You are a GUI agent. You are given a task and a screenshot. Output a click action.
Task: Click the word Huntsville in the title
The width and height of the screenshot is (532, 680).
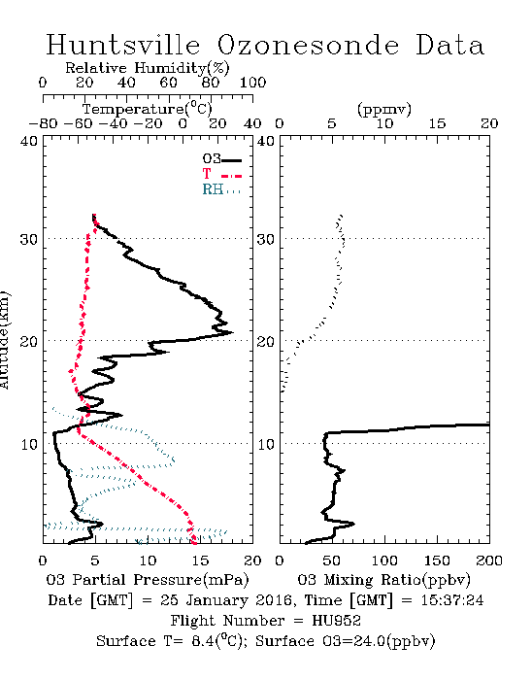[123, 45]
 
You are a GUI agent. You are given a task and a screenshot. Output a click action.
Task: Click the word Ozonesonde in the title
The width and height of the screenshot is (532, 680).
[308, 45]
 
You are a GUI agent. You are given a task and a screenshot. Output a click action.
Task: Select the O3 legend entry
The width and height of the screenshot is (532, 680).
[221, 159]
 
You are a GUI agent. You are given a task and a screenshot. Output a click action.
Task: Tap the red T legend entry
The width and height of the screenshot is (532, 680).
[221, 174]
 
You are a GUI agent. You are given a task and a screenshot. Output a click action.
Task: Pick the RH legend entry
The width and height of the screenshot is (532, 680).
[221, 189]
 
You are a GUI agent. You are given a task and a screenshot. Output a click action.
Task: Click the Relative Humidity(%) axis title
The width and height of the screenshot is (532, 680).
[148, 68]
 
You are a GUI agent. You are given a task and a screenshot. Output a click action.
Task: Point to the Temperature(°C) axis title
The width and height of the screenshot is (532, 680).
[148, 109]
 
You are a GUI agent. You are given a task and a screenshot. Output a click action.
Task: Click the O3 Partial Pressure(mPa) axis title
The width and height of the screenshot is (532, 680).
[148, 580]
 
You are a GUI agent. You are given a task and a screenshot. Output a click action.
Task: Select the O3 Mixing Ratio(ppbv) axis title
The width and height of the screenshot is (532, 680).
[383, 580]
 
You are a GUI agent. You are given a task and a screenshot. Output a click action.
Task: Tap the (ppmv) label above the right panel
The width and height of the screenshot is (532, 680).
[384, 109]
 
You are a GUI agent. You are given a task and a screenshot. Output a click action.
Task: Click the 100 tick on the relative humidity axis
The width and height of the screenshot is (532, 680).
[252, 83]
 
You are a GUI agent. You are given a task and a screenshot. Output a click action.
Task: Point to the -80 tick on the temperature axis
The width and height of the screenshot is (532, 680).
[43, 123]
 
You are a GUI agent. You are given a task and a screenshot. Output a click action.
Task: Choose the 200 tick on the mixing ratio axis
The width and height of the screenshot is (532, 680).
[489, 561]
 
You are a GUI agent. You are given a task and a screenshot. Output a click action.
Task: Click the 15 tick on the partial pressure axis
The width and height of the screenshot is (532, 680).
[200, 561]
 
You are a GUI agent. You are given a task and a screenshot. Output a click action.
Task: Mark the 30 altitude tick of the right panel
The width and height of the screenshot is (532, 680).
[266, 239]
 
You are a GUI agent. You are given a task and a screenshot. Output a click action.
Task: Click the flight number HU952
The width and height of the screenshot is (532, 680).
[336, 621]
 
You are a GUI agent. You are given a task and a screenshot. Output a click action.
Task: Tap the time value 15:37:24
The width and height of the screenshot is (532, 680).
[451, 600]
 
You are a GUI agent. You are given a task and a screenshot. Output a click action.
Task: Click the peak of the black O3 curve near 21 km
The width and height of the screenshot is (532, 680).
[233, 332]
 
